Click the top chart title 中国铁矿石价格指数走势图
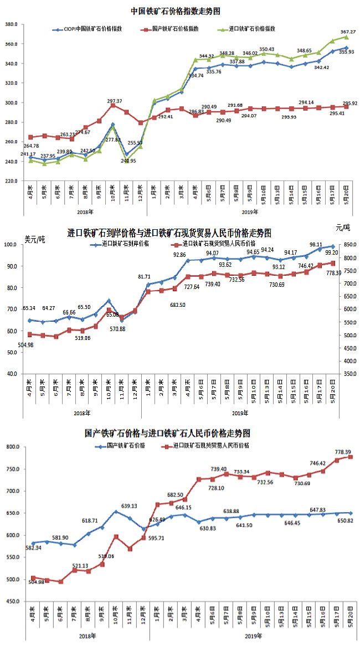pyautogui.click(x=174, y=11)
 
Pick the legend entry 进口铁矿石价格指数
pyautogui.click(x=252, y=28)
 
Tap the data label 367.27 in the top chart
pyautogui.click(x=348, y=32)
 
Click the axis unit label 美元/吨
pyautogui.click(x=34, y=240)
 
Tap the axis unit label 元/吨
pyautogui.click(x=343, y=228)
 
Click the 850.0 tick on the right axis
pyautogui.click(x=348, y=245)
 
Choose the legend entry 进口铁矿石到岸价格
pyautogui.click(x=125, y=243)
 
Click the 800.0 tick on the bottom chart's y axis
pyautogui.click(x=12, y=447)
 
